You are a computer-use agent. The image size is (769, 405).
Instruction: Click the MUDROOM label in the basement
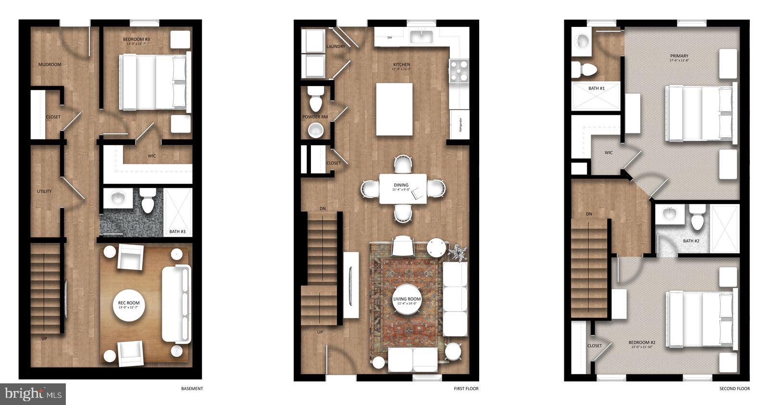tap(50, 64)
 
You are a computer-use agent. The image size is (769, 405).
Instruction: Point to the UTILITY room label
tap(44, 191)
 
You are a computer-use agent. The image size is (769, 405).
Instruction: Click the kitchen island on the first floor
tap(394, 109)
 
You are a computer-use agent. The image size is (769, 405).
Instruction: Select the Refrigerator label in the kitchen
tap(459, 125)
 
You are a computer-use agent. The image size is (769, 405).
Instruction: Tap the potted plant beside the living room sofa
tap(457, 252)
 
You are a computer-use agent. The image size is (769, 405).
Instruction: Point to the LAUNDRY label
tap(335, 47)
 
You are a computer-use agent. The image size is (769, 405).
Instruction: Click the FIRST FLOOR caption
tap(466, 389)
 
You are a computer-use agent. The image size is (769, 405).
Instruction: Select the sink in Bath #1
tap(583, 41)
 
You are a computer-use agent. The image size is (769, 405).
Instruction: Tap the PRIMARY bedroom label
tap(679, 56)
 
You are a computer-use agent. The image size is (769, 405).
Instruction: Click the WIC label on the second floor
tap(608, 153)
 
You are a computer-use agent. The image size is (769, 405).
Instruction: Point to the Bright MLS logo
tap(33, 394)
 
